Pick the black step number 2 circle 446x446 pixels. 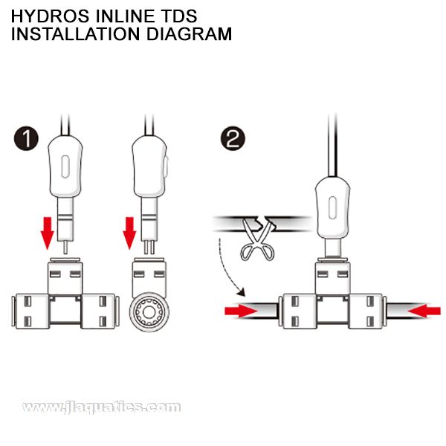232,138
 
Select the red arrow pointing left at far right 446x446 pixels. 424,310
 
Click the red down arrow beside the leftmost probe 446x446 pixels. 47,231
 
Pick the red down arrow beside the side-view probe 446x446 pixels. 129,231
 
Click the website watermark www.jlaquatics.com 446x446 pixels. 100,407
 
